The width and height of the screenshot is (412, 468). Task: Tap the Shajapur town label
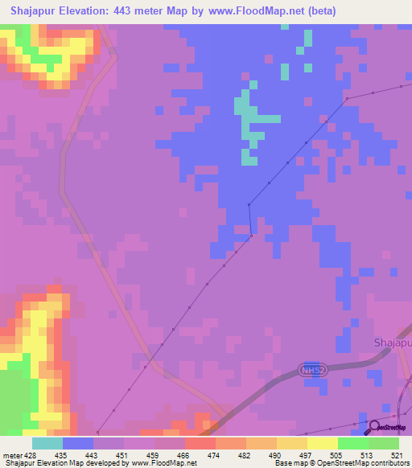pyautogui.click(x=393, y=343)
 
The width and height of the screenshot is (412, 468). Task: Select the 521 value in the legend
pyautogui.click(x=399, y=454)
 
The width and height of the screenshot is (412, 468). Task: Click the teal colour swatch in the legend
pyautogui.click(x=47, y=443)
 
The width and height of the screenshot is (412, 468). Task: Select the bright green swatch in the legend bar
pyautogui.click(x=353, y=443)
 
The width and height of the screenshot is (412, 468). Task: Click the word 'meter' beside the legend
pyautogui.click(x=11, y=454)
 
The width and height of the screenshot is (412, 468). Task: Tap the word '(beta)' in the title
pyautogui.click(x=315, y=11)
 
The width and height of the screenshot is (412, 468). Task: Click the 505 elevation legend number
pyautogui.click(x=339, y=454)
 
